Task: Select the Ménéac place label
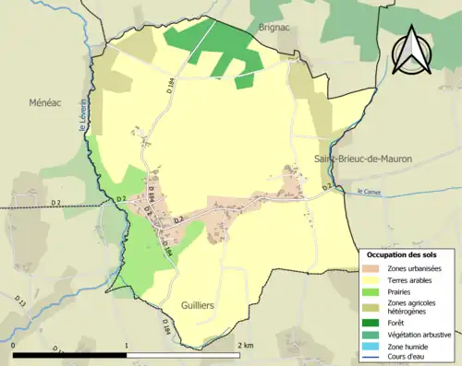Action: click(x=43, y=102)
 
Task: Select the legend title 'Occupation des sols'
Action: click(x=402, y=254)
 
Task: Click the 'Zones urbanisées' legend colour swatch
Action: click(x=374, y=267)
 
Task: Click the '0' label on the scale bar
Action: click(x=14, y=345)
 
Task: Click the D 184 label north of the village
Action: click(x=171, y=88)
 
